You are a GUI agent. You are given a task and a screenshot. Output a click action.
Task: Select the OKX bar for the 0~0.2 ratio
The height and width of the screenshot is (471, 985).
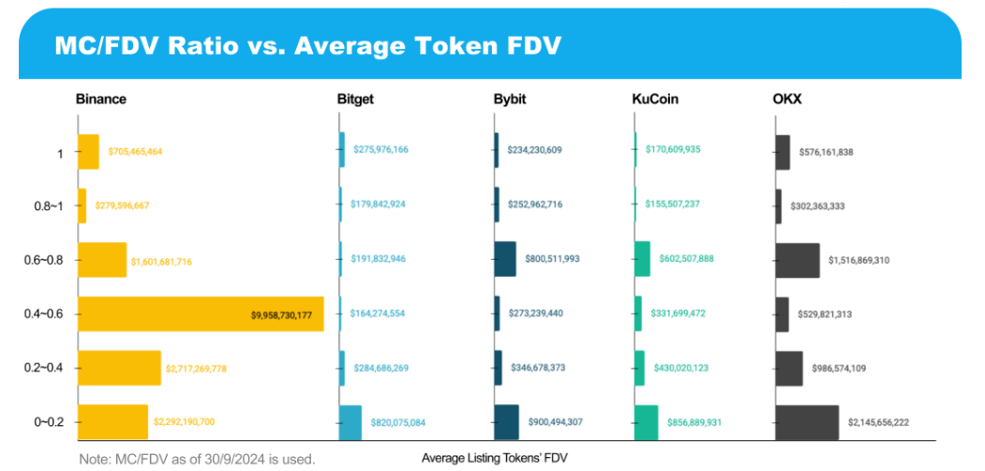(806, 422)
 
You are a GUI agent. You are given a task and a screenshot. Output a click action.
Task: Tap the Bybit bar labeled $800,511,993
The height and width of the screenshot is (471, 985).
(505, 259)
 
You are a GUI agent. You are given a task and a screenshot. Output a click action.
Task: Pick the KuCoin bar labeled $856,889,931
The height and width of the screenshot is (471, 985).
(646, 422)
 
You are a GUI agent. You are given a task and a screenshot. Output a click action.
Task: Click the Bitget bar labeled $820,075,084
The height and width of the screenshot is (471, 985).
(350, 422)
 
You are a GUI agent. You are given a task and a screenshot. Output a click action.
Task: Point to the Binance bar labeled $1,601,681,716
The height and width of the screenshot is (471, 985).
(101, 260)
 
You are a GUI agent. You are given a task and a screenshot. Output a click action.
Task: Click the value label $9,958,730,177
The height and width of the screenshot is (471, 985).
(281, 315)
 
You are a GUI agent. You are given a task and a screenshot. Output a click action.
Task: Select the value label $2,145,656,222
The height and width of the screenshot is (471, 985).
(878, 423)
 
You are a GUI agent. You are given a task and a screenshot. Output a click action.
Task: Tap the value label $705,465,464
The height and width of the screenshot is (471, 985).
(135, 151)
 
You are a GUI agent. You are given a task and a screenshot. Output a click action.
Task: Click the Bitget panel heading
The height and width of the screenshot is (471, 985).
(355, 99)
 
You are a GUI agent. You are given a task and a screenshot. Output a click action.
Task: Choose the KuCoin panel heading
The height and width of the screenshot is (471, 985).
(655, 99)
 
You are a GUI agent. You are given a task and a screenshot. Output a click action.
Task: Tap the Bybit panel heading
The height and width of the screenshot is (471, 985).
(512, 99)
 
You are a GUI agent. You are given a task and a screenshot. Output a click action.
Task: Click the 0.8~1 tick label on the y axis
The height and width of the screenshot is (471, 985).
(48, 206)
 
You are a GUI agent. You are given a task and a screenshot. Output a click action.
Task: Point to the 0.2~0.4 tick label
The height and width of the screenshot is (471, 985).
(44, 369)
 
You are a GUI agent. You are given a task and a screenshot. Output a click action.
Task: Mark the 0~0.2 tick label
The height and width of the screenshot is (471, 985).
(49, 422)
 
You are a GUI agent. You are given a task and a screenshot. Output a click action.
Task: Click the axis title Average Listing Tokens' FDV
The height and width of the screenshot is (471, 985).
(495, 458)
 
